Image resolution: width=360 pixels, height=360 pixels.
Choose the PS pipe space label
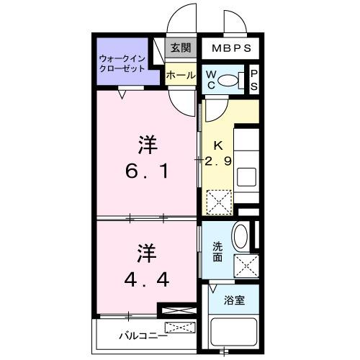253,80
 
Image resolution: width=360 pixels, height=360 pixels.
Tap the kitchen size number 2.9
217,162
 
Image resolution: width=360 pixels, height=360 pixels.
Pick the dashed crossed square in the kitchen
217,201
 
